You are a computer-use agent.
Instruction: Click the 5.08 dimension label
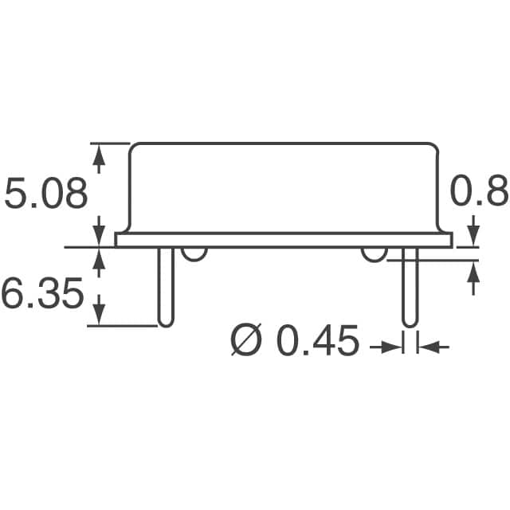pyautogui.click(x=45, y=195)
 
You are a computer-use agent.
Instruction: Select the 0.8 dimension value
pyautogui.click(x=479, y=194)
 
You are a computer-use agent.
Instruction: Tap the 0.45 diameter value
pyautogui.click(x=317, y=344)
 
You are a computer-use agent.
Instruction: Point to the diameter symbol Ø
pyautogui.click(x=247, y=344)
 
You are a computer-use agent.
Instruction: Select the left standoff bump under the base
pyautogui.click(x=194, y=253)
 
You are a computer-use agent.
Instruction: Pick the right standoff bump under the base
pyautogui.click(x=374, y=253)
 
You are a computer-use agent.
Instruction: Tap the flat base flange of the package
pyautogui.click(x=284, y=239)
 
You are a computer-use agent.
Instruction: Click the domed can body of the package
pyautogui.click(x=284, y=188)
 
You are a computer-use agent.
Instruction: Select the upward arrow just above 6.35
pyautogui.click(x=99, y=258)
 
